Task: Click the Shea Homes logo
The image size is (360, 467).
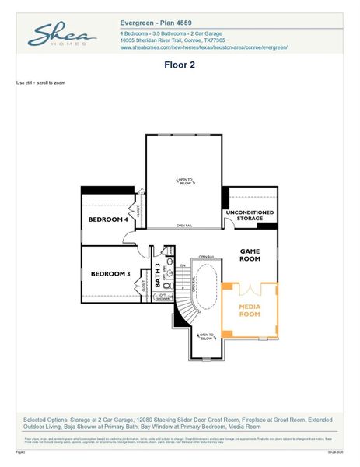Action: pos(62,36)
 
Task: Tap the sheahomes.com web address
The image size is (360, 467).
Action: pos(204,47)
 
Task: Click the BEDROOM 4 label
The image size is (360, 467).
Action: pos(107,219)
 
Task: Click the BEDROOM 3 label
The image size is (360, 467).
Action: pos(110,273)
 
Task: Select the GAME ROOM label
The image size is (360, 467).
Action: pos(250,255)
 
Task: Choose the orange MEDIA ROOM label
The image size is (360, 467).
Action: pos(250,311)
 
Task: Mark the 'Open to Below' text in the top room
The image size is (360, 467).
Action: pos(186,181)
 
